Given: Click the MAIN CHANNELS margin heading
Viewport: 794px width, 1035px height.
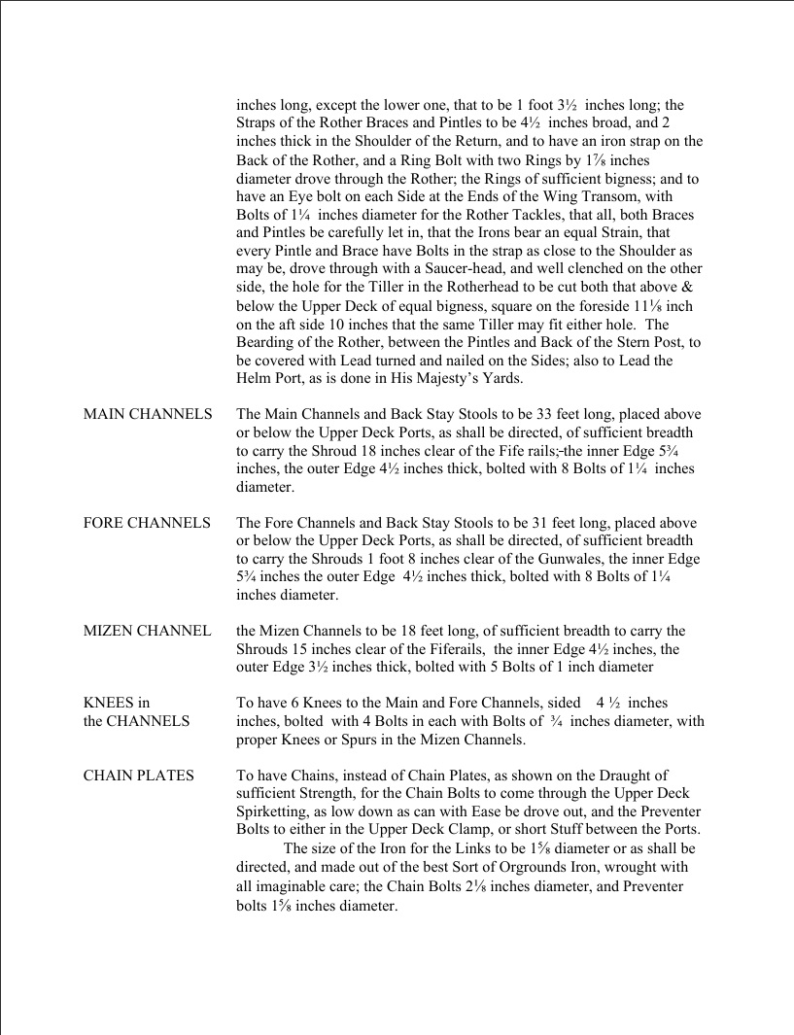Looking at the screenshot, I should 148,415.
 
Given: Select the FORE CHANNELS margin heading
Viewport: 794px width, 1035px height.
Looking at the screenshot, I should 147,523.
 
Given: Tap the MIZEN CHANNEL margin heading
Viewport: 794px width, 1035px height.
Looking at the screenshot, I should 147,632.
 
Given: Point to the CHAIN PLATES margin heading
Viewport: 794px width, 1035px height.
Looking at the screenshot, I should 138,776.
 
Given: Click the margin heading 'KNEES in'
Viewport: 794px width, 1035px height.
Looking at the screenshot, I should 117,703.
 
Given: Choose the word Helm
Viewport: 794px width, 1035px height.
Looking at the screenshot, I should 256,377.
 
